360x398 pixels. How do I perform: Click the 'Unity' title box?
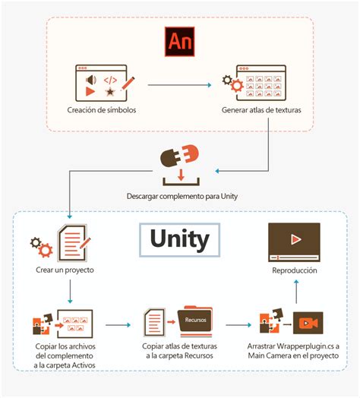point(179,239)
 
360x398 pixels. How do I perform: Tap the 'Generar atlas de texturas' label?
point(261,110)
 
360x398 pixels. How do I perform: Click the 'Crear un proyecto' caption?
point(68,270)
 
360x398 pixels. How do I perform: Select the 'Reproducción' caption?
point(295,270)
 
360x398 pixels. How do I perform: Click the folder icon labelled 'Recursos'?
point(194,320)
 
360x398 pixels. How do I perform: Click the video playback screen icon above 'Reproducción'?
point(295,242)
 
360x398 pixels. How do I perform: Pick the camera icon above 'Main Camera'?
point(307,322)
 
